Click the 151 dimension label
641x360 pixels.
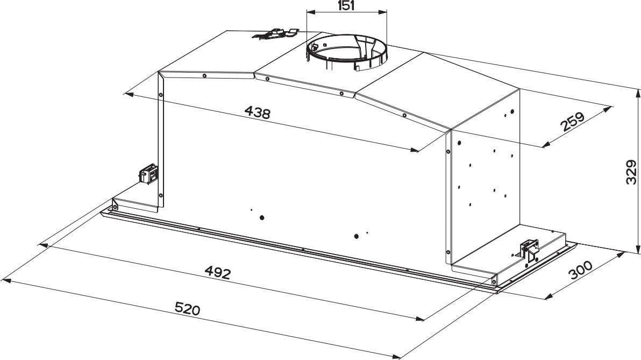(346, 6)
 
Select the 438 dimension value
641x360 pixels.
(257, 112)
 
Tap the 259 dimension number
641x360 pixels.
(572, 122)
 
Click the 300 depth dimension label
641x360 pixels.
(580, 270)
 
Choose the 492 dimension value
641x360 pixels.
(217, 272)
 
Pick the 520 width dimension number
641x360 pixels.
(188, 308)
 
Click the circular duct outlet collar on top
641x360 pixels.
(347, 53)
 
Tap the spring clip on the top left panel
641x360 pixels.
(275, 34)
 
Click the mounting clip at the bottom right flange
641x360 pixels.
(530, 250)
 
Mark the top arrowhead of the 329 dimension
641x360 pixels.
(637, 93)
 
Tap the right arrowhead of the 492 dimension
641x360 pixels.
(419, 319)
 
